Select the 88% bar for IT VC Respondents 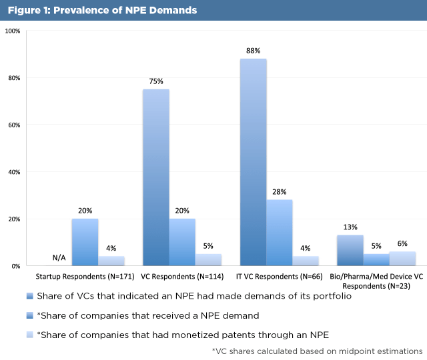coord(254,162)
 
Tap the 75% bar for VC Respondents coord(156,177)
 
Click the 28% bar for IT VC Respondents coord(280,232)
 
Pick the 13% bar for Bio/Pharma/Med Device coord(350,250)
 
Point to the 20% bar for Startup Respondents coord(85,242)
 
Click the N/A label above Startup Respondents coord(59,258)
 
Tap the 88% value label coord(254,50)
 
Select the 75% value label coord(156,81)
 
